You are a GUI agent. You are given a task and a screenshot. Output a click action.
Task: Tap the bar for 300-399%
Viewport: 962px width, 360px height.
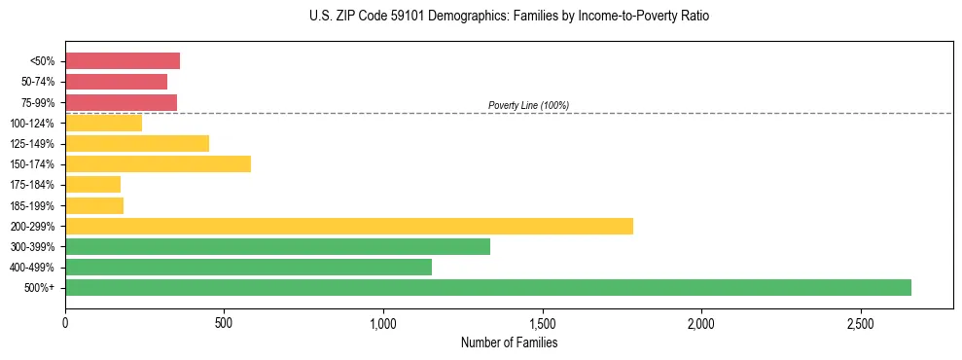coord(277,246)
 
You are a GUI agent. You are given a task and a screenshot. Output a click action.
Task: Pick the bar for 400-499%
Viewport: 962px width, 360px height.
coord(248,267)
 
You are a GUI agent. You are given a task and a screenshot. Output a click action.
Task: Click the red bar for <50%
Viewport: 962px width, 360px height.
coord(123,61)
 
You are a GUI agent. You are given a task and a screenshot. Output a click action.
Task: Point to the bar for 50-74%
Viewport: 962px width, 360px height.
coord(116,82)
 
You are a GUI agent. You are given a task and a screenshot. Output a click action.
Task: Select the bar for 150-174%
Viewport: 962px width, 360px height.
coord(158,164)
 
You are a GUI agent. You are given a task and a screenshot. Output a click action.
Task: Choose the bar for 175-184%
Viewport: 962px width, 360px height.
coord(92,185)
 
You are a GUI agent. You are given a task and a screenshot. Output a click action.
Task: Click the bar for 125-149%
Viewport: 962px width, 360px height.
coord(137,144)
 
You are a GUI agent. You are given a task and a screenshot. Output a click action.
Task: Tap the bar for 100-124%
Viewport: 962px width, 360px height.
coord(103,124)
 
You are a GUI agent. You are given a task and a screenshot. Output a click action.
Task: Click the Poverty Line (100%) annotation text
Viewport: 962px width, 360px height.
coord(528,105)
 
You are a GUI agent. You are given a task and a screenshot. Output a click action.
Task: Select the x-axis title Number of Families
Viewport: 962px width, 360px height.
coord(509,343)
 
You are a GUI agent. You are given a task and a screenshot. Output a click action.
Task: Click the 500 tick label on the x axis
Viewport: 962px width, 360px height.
coord(224,322)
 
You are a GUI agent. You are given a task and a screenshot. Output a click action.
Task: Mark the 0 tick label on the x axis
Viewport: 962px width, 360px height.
coord(65,322)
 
